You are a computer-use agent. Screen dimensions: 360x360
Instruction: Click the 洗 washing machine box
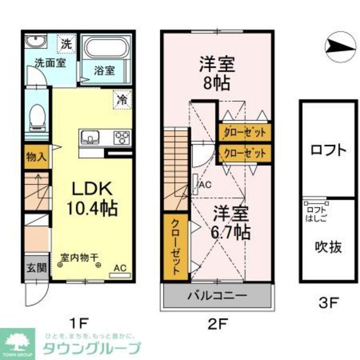tap(67, 43)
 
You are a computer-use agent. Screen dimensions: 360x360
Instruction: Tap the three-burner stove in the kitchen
tap(122, 137)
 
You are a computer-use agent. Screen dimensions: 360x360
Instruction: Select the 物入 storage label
tap(37, 157)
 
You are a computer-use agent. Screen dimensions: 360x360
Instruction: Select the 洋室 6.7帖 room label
tap(231, 222)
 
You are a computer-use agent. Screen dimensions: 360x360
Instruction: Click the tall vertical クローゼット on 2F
tap(176, 247)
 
